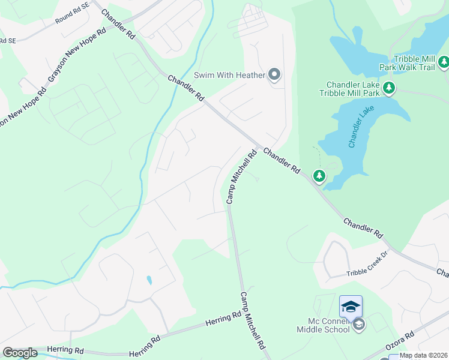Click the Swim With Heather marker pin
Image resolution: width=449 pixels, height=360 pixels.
point(274,75)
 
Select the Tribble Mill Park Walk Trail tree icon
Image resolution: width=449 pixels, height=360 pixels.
point(444,61)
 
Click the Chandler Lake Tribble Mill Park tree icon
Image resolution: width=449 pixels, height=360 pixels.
point(389,89)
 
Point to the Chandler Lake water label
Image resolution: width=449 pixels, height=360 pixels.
point(360,127)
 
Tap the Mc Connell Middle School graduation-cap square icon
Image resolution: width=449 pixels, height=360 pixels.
point(351,307)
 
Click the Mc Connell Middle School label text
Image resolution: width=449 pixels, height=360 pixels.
point(323,325)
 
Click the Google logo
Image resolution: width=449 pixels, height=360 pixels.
point(20,353)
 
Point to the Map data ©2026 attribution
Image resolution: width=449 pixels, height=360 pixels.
point(423,355)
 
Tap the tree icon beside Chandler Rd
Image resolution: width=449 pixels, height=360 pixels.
point(319,176)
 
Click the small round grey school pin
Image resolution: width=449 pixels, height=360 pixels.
point(359,325)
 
